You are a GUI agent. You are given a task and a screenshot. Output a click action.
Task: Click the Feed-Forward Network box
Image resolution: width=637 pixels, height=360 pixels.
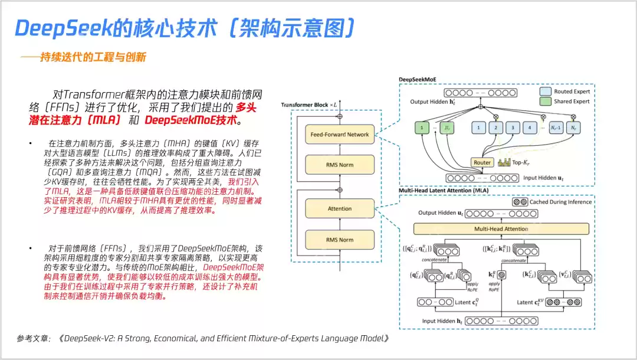point(340,135)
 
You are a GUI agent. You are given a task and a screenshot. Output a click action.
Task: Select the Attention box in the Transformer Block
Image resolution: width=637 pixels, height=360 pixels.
point(340,208)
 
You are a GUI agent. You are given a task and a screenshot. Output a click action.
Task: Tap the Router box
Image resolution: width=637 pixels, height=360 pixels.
point(482,162)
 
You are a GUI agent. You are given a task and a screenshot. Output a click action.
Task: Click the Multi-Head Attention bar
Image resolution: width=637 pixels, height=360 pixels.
point(501,228)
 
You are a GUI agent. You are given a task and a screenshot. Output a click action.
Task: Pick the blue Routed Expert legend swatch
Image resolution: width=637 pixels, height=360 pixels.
point(546,91)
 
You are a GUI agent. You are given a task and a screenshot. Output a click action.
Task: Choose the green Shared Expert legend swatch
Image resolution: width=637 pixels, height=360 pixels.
point(546,102)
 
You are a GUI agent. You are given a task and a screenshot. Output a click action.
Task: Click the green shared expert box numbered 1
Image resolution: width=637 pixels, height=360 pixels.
point(422,127)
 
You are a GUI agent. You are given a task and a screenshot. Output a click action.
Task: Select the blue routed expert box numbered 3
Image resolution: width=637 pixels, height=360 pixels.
point(514,127)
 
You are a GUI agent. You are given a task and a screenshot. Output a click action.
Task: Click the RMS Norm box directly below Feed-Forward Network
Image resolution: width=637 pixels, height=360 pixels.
point(340,165)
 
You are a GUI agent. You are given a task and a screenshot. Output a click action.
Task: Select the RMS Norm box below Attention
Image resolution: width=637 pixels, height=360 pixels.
point(340,240)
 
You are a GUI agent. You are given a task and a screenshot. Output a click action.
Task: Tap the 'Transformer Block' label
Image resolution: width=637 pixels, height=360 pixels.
point(307,104)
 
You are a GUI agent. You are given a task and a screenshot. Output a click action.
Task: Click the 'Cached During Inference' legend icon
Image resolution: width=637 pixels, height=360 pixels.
point(520,202)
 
